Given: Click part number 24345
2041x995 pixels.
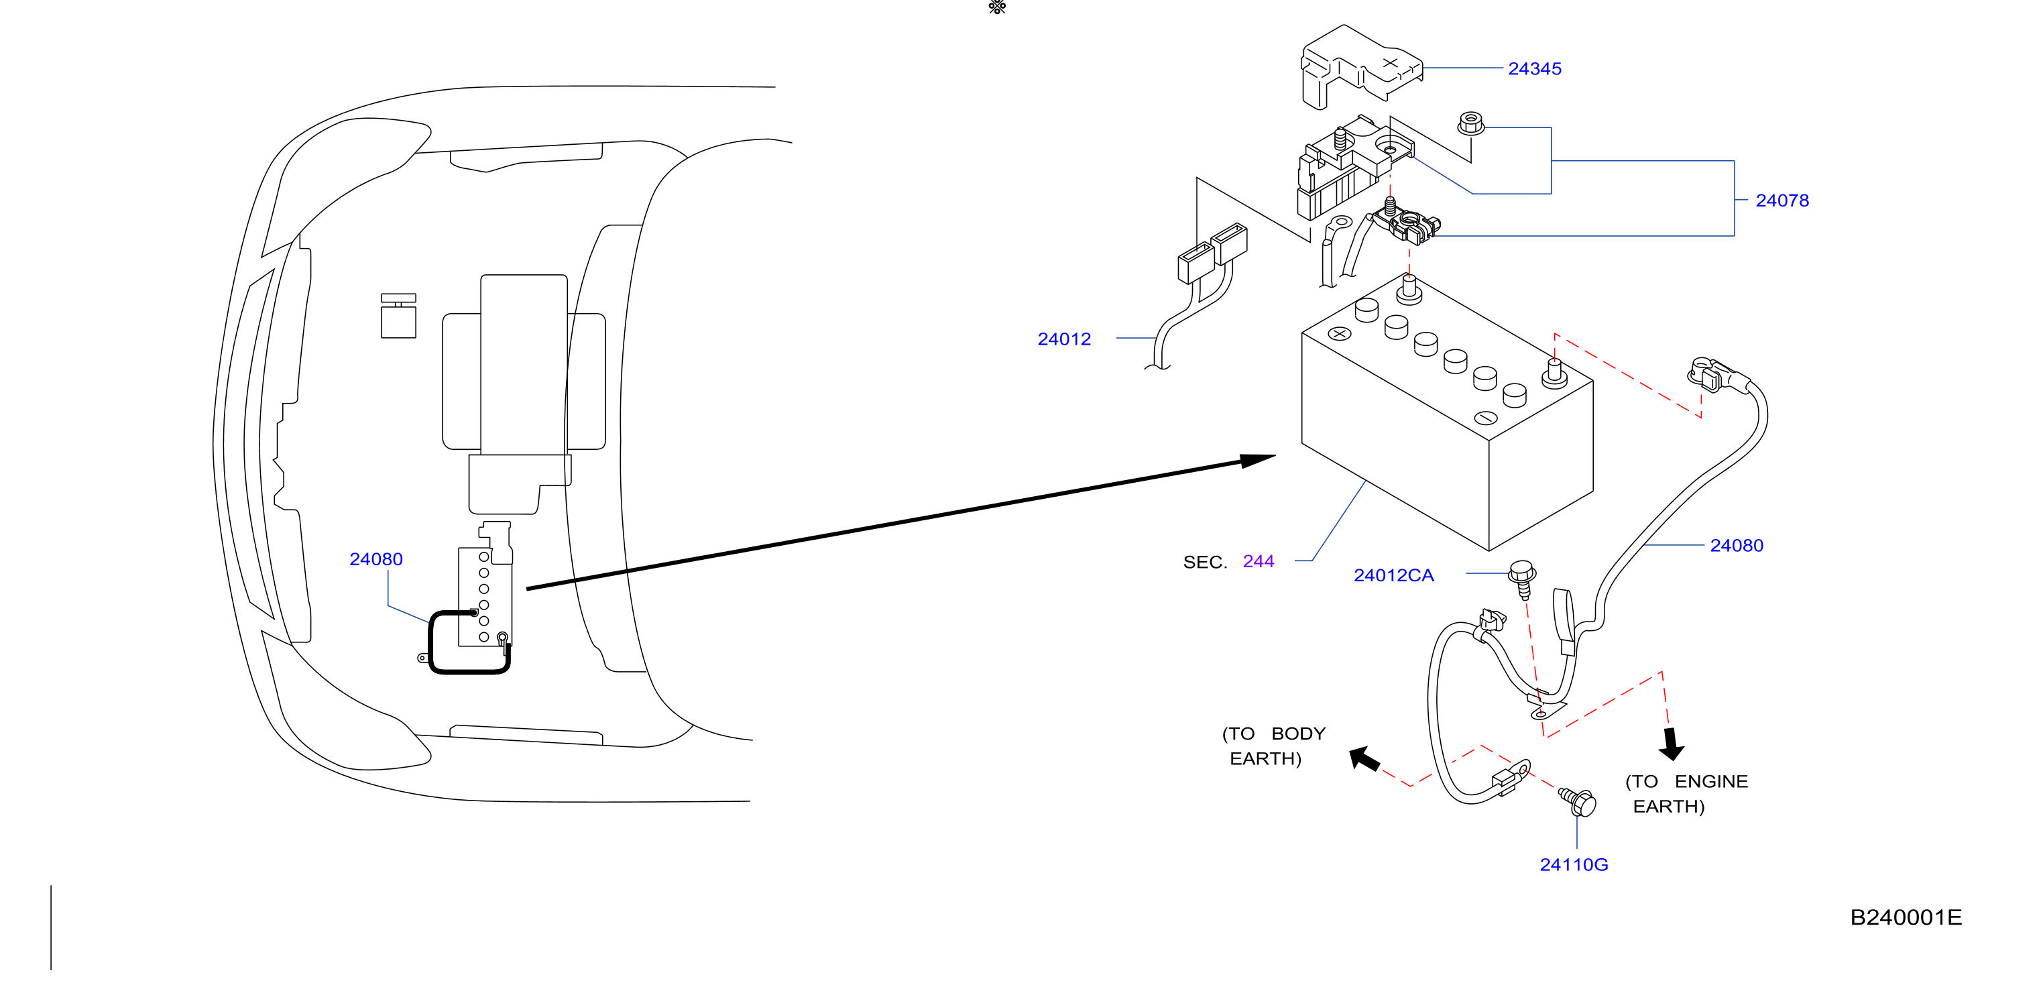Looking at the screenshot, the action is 1534,69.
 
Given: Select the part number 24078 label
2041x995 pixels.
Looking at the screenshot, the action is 1782,200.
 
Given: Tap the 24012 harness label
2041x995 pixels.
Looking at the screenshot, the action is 1064,339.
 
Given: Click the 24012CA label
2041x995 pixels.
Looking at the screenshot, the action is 1394,575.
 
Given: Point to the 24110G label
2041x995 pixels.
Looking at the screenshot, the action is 1574,864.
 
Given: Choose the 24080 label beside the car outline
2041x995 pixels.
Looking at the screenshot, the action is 376,559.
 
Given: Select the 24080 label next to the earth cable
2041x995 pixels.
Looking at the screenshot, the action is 1737,545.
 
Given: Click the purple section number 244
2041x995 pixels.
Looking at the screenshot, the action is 1259,562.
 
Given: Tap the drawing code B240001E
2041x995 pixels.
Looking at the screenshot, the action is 1906,917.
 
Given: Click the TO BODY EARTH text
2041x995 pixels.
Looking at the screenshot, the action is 1273,746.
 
